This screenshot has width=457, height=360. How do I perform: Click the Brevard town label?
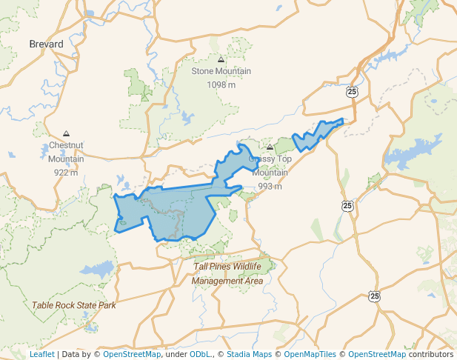46,44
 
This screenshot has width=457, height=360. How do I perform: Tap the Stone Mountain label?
221,72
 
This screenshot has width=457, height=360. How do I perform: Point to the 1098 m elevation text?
221,84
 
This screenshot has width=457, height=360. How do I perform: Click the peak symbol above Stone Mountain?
221,59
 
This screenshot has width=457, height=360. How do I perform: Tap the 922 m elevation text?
66,172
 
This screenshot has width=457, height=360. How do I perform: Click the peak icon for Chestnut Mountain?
66,133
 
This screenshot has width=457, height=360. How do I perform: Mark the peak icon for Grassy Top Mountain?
270,147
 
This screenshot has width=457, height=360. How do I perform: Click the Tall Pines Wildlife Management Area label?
227,273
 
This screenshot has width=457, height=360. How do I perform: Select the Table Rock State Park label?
73,305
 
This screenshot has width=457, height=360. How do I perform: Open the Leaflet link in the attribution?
42,354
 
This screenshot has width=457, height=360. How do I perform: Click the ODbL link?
200,354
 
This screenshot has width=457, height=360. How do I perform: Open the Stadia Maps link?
249,354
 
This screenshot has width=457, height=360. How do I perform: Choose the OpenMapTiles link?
308,354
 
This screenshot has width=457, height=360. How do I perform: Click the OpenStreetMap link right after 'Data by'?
131,354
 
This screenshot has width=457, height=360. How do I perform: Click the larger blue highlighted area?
170,211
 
